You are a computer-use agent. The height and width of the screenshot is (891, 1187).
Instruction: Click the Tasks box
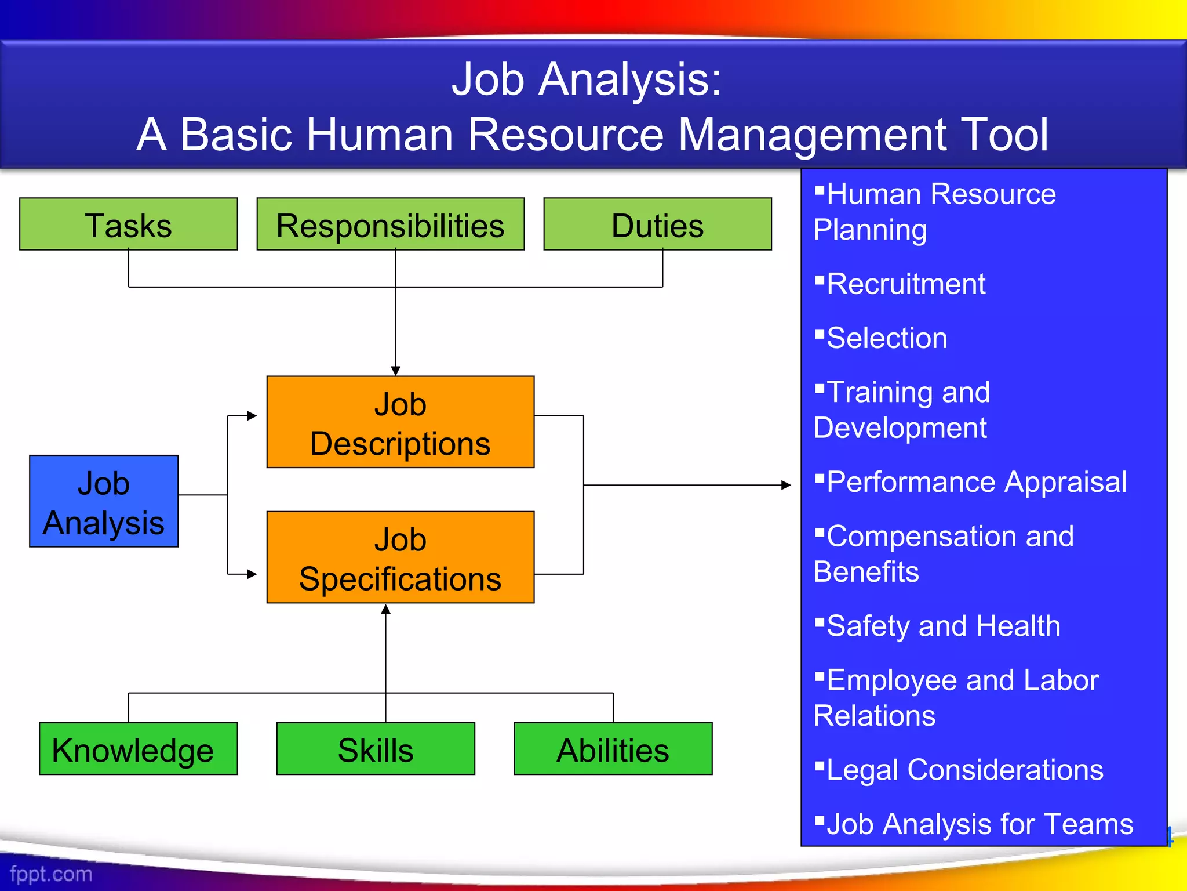tap(128, 224)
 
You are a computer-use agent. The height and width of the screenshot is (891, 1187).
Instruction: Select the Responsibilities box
tap(390, 224)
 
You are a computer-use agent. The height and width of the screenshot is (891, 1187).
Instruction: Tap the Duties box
tap(657, 224)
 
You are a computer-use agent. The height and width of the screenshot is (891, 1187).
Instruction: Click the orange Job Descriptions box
tap(400, 422)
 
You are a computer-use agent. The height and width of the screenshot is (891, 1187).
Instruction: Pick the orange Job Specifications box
tap(400, 557)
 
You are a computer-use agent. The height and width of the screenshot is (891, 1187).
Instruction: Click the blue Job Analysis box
tap(104, 501)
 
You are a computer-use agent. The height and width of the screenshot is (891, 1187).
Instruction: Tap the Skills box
tap(376, 749)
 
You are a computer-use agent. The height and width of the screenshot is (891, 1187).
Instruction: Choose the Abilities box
tap(613, 749)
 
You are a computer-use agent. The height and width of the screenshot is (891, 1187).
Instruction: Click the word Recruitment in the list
tap(905, 284)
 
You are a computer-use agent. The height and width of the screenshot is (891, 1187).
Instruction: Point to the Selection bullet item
tap(887, 338)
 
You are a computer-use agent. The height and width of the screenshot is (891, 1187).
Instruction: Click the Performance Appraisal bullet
tap(976, 482)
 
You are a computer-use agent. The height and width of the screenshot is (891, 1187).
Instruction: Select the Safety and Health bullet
tap(943, 626)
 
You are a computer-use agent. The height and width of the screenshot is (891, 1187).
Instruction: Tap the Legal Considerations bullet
tap(964, 770)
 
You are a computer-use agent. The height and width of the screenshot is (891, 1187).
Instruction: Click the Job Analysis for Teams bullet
tap(980, 824)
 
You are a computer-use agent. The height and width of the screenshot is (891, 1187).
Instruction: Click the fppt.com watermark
tap(51, 874)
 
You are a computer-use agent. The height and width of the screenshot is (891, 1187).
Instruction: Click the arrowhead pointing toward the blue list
tap(786, 485)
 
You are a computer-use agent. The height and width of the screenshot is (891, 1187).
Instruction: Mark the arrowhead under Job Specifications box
tap(386, 609)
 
